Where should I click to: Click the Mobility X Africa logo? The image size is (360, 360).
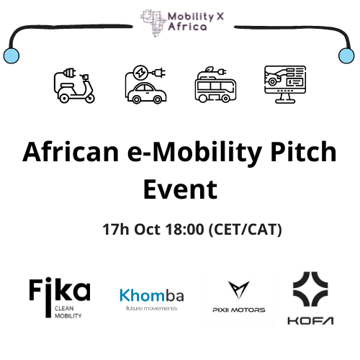point(182,23)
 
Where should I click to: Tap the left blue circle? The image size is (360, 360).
point(12,55)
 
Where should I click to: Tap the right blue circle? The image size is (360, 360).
point(346,55)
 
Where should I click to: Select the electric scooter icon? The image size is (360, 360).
point(74,86)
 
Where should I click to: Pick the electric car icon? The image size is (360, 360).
point(145,84)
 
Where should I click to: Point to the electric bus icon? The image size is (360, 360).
point(215,84)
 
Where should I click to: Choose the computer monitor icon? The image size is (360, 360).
point(285,84)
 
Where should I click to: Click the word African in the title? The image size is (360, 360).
point(71,152)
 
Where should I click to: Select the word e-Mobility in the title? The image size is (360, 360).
point(194,153)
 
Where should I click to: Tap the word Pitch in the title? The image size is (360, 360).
point(304,151)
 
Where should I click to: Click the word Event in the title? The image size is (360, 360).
point(181,189)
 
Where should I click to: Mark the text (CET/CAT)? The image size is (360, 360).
point(246,230)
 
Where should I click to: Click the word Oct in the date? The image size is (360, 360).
point(147,230)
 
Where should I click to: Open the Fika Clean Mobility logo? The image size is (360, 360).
point(60,297)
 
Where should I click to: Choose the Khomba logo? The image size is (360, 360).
point(152,299)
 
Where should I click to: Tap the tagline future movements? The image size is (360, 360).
point(152,308)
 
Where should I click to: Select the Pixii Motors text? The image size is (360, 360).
point(239,310)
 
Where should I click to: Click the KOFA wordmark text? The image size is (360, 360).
point(310,320)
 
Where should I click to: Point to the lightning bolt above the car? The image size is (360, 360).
point(140,73)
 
